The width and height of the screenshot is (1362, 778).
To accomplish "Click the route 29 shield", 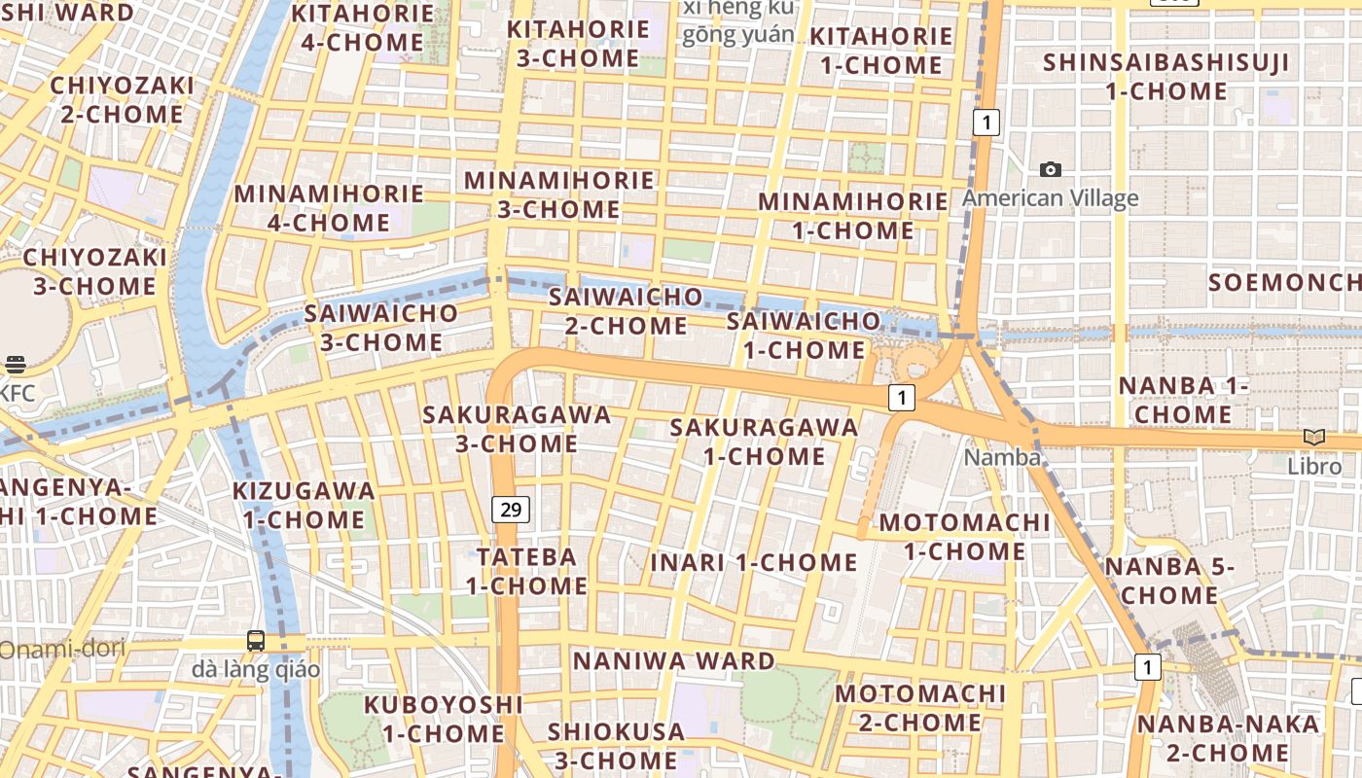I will (x=511, y=509).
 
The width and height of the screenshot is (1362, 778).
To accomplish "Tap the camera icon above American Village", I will (x=1051, y=170).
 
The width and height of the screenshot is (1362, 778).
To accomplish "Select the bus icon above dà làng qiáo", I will (x=256, y=640).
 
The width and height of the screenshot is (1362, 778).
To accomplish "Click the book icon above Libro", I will (x=1314, y=438).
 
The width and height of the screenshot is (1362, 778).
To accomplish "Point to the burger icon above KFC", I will (x=15, y=365).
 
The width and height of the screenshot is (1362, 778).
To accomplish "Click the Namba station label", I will (x=1002, y=457).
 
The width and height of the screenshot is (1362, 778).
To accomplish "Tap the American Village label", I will (x=1050, y=198).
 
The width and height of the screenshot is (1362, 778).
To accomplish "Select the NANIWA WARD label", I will (x=674, y=661).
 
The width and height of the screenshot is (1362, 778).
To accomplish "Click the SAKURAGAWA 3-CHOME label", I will (x=517, y=429).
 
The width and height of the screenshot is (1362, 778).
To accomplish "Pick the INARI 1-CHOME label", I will (x=754, y=562).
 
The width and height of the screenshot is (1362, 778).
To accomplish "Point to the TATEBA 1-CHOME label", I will (x=526, y=571).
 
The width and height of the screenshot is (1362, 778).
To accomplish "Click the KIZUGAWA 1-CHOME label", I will (x=304, y=505).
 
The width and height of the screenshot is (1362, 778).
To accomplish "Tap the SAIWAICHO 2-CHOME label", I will (x=626, y=310).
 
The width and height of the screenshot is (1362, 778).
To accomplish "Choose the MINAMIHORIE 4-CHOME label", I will (x=329, y=208).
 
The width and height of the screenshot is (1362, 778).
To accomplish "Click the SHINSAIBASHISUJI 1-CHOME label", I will (x=1166, y=77).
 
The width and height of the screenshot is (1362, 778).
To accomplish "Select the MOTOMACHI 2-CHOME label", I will (x=919, y=708).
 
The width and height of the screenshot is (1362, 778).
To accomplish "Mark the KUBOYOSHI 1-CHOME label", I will (x=443, y=718).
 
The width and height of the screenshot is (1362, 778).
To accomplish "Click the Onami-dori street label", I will (x=62, y=649).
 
